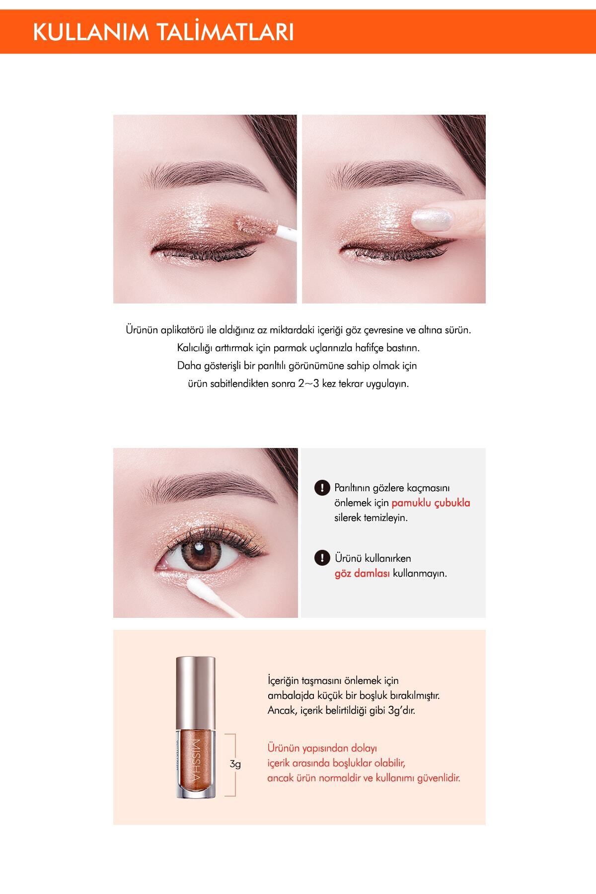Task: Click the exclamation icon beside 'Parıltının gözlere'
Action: click(x=323, y=488)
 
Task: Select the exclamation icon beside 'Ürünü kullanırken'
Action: click(x=323, y=558)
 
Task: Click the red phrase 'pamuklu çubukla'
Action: click(x=431, y=503)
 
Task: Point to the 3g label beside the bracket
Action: click(x=235, y=764)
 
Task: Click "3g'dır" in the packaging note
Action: click(x=399, y=710)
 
